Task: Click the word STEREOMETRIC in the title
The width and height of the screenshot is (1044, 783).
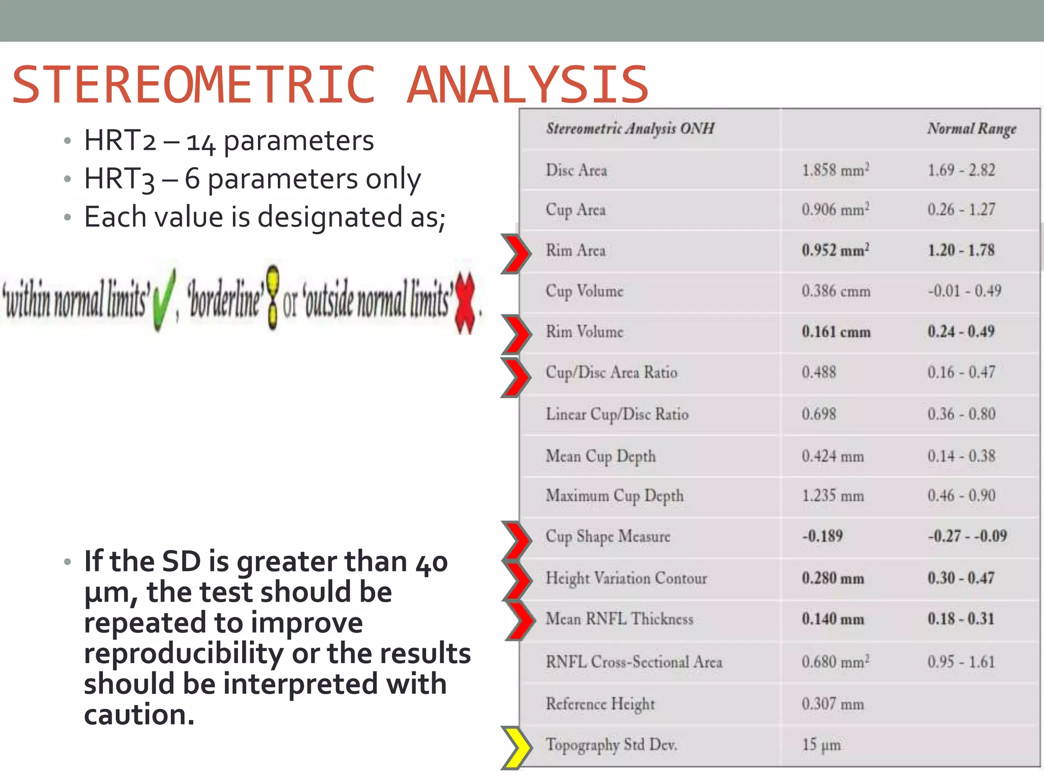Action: coord(194,85)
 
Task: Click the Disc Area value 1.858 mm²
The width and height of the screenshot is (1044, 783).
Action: coord(835,170)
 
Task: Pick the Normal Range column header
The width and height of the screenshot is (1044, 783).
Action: coord(971,128)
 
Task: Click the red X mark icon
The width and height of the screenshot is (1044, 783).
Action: coord(465,303)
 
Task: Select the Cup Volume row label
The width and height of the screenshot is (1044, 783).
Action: coord(584,291)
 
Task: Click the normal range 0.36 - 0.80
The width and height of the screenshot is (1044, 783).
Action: coord(961,414)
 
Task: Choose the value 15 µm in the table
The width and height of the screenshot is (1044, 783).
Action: coord(821,745)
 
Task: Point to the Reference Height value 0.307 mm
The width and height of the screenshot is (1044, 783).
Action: coord(832,704)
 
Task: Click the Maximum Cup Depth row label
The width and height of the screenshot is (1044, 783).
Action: coord(614,496)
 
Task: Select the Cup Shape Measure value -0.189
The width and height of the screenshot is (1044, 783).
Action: coord(822,536)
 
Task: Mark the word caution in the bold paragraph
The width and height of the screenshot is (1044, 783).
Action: coord(139,715)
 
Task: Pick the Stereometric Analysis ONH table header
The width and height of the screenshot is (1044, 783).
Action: coord(630,128)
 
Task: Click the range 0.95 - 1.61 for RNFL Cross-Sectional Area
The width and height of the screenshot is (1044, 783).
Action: coord(961,662)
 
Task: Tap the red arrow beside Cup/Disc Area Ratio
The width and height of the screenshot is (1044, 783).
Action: coord(516,377)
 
